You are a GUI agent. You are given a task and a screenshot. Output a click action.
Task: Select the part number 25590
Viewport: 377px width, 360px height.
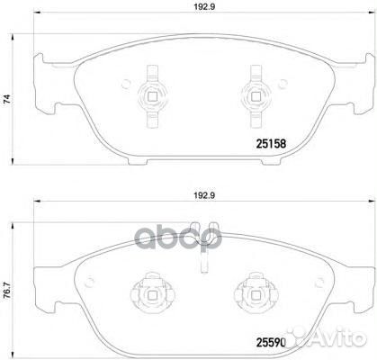276,342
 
